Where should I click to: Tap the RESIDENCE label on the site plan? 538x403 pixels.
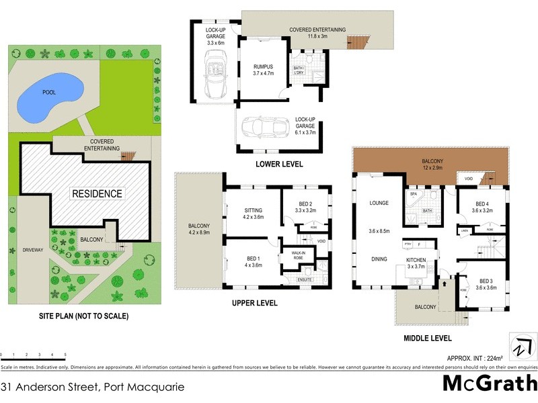point(98,193)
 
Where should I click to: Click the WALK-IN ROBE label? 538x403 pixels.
point(299,255)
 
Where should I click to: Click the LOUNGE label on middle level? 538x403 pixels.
point(380,202)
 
